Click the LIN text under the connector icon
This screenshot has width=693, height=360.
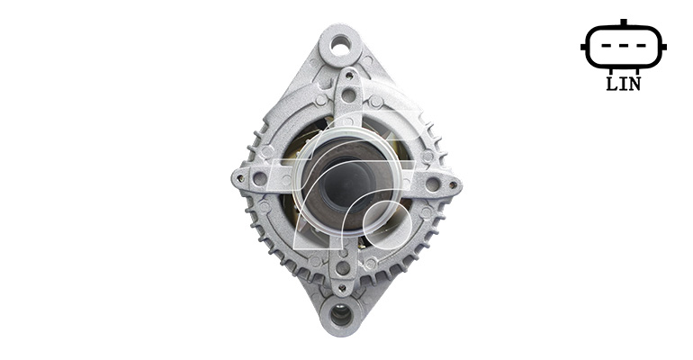pyautogui.click(x=623, y=84)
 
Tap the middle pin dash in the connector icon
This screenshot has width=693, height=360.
pyautogui.click(x=624, y=46)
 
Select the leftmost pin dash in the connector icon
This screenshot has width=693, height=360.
pyautogui.click(x=607, y=46)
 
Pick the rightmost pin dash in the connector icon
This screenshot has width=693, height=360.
pyautogui.click(x=641, y=46)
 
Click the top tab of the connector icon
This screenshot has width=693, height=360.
pyautogui.click(x=624, y=22)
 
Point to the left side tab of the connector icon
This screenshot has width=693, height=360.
pyautogui.click(x=583, y=47)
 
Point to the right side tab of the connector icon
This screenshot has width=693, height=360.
pyautogui.click(x=663, y=47)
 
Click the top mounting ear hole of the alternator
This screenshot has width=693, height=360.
pyautogui.click(x=341, y=46)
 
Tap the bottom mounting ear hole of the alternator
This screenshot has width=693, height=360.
pyautogui.click(x=341, y=315)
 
